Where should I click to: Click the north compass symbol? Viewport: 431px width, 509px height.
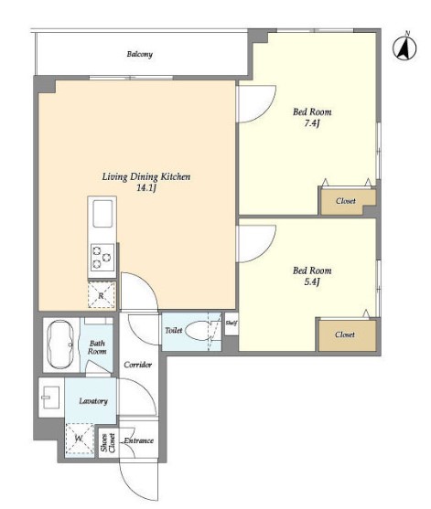pos(404,48)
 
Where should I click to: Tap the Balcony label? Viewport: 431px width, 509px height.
pos(139,54)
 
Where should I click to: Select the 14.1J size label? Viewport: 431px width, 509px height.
pos(146,188)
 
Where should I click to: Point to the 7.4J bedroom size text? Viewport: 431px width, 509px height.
pos(312,123)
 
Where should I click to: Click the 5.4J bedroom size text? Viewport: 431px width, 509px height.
pos(312,281)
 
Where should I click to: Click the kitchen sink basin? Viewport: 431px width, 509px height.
pos(102,213)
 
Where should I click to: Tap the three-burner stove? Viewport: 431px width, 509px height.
pos(102,258)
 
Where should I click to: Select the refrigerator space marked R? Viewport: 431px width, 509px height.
pos(102,295)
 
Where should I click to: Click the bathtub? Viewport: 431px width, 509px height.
pos(60,345)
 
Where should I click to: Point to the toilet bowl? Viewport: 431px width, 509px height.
pos(199,331)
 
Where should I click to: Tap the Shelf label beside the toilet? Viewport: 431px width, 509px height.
pos(232,323)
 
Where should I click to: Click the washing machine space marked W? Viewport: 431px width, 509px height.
pos(80,439)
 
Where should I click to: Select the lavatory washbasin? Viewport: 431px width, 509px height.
pos(50,398)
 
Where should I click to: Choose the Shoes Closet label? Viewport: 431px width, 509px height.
pos(108,443)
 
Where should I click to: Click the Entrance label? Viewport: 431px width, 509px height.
pos(138,440)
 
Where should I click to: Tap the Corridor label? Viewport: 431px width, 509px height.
pos(138,365)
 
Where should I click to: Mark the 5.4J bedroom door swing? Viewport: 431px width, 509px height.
pos(264,251)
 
